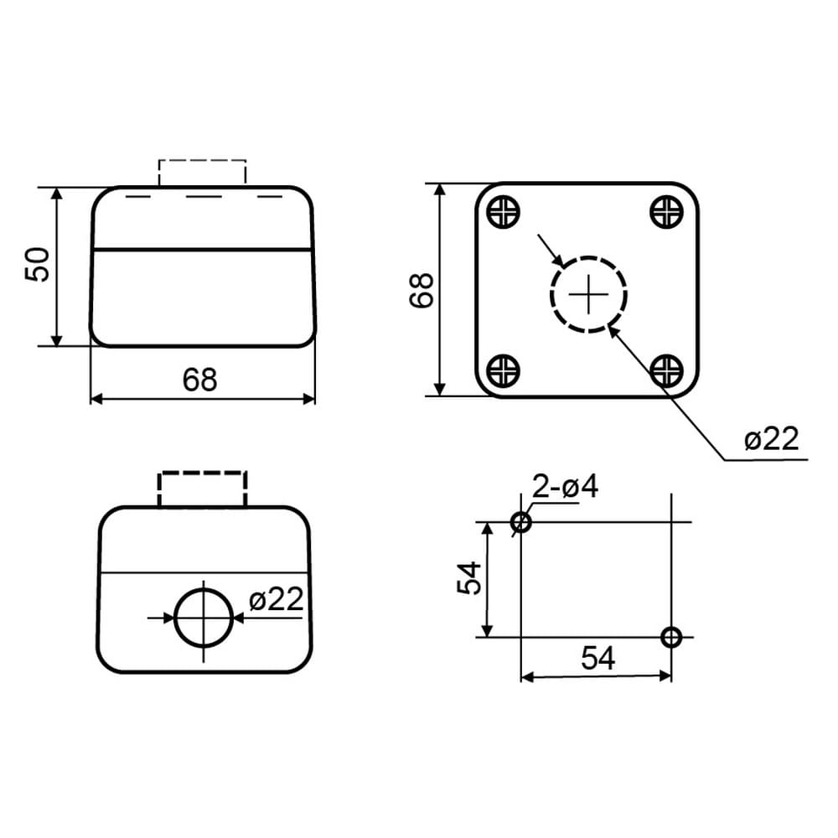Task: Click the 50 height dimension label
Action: (x=38, y=264)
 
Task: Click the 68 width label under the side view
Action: (x=200, y=380)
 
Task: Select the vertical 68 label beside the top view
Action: (x=422, y=290)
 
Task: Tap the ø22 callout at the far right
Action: (x=771, y=439)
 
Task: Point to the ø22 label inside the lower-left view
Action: (x=277, y=598)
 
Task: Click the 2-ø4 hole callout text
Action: (x=566, y=487)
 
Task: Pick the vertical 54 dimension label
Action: (x=469, y=578)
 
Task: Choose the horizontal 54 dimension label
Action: (x=598, y=658)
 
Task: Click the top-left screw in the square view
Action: (x=504, y=212)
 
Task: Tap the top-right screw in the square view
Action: (x=666, y=212)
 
